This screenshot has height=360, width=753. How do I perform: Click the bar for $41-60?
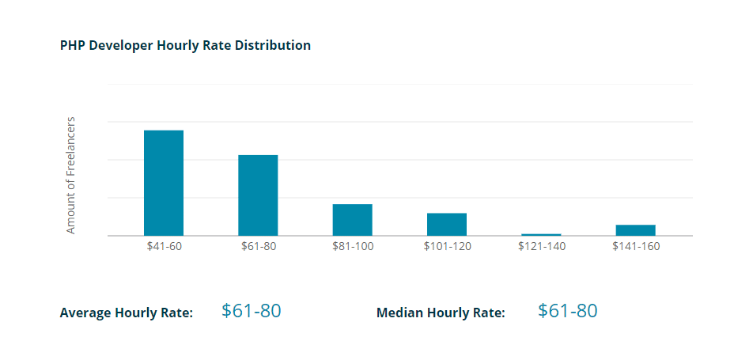(164, 183)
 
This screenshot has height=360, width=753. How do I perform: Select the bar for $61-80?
(258, 195)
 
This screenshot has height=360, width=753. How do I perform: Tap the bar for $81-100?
(352, 220)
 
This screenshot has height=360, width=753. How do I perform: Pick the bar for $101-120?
(447, 224)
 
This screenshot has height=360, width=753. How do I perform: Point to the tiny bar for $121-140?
(541, 234)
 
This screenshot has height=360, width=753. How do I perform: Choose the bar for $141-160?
(636, 230)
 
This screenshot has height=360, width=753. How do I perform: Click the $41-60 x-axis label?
(164, 246)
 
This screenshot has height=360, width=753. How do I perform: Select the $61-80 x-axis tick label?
(258, 246)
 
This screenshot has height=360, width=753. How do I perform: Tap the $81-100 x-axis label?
(353, 246)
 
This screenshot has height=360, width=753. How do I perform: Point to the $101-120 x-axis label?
(447, 246)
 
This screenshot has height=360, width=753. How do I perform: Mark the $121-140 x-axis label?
(541, 246)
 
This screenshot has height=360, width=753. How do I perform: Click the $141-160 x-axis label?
(636, 246)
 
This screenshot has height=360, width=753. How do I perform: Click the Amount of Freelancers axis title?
(71, 176)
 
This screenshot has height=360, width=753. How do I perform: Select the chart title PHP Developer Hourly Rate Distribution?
(185, 46)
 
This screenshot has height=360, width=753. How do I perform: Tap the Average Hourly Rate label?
(127, 313)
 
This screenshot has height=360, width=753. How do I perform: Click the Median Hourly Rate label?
(441, 313)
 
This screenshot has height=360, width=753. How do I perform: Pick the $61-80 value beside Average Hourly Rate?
(252, 311)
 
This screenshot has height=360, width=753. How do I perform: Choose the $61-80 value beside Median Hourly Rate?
(568, 311)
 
